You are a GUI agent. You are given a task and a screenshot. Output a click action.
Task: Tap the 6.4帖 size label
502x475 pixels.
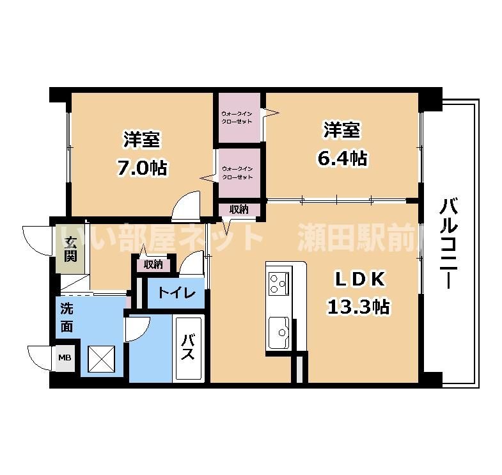(x=343, y=157)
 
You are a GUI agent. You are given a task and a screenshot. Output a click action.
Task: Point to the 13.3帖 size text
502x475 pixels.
(x=358, y=307)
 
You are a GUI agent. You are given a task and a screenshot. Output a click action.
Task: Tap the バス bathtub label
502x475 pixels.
(x=189, y=348)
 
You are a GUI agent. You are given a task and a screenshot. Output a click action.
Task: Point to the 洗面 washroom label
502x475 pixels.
(x=67, y=318)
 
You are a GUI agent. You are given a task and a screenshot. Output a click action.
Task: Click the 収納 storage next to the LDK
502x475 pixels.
(x=239, y=209)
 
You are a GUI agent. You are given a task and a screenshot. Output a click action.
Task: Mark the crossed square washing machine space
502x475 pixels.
(x=102, y=357)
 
